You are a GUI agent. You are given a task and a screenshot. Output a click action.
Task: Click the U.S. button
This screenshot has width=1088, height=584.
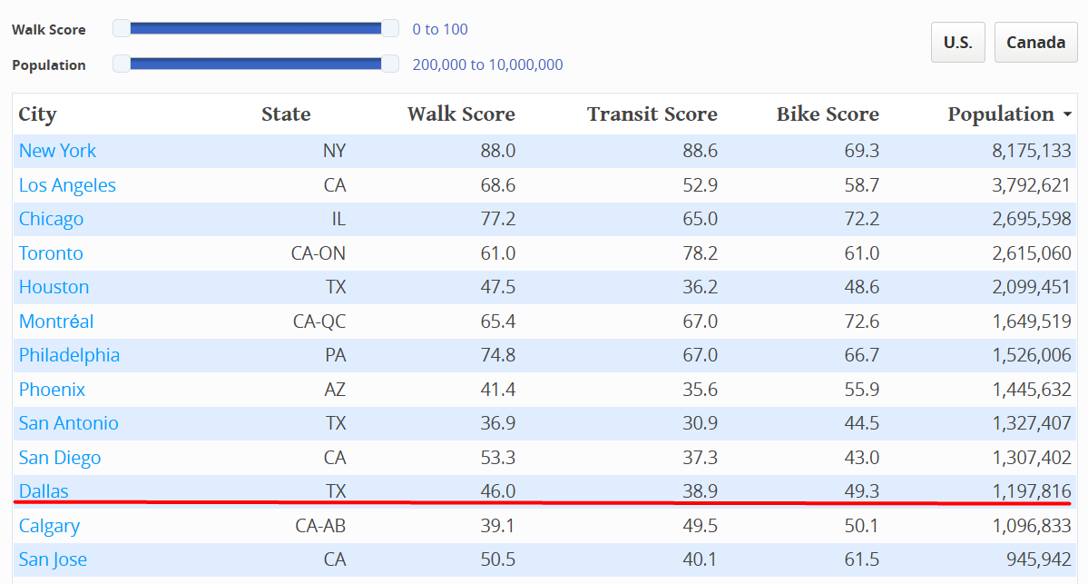(957, 43)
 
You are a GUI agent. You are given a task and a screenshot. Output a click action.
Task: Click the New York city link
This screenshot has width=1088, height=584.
(57, 151)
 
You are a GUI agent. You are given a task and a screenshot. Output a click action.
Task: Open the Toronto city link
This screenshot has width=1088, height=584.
(51, 253)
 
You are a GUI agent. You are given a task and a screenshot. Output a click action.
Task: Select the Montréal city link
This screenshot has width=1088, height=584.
(56, 322)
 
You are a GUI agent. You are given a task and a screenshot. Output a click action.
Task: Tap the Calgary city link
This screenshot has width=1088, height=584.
(49, 526)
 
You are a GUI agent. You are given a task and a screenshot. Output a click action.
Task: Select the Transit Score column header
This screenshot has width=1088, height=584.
(652, 114)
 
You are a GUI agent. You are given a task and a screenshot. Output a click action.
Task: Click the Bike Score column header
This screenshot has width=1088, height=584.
(828, 114)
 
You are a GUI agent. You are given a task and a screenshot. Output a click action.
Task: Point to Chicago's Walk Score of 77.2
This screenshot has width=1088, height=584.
(497, 219)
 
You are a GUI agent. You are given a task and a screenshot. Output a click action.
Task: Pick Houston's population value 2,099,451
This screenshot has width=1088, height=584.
(1031, 287)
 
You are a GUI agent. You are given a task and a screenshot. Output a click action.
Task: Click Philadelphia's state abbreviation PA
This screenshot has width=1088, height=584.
(335, 355)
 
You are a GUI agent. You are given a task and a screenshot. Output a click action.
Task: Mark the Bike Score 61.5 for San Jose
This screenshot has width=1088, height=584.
(861, 559)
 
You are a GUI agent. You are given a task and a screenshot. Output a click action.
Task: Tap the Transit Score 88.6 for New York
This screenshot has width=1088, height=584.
(700, 151)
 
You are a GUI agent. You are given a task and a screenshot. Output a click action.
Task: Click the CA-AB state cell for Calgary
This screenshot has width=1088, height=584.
(320, 526)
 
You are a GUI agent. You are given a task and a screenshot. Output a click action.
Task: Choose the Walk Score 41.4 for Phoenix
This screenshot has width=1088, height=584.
(497, 390)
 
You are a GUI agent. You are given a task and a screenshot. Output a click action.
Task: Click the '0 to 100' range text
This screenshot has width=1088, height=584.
(440, 29)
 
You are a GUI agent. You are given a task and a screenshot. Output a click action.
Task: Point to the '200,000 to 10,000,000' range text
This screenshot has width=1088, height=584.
(487, 64)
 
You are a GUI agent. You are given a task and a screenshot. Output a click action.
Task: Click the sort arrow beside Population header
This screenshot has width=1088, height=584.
(1066, 115)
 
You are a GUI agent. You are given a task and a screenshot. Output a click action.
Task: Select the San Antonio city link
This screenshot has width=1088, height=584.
(69, 423)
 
